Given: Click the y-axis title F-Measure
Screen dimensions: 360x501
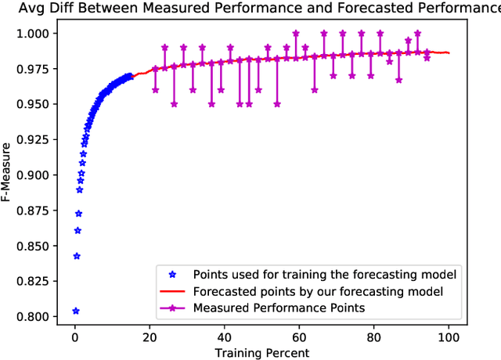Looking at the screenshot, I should coord(9,171).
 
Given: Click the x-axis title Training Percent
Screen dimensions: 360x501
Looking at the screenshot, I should coord(262,352).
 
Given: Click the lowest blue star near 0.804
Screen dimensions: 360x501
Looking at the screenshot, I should coord(76,311).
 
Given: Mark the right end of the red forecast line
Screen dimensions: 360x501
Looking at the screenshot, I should coord(449,52).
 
